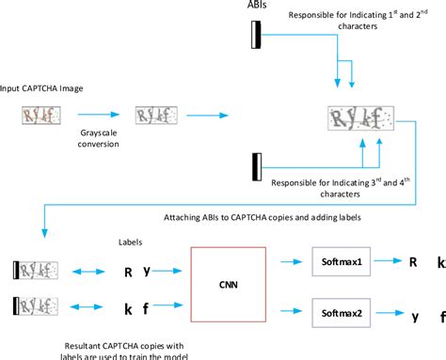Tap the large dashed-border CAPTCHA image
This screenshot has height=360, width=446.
(x=360, y=119)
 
